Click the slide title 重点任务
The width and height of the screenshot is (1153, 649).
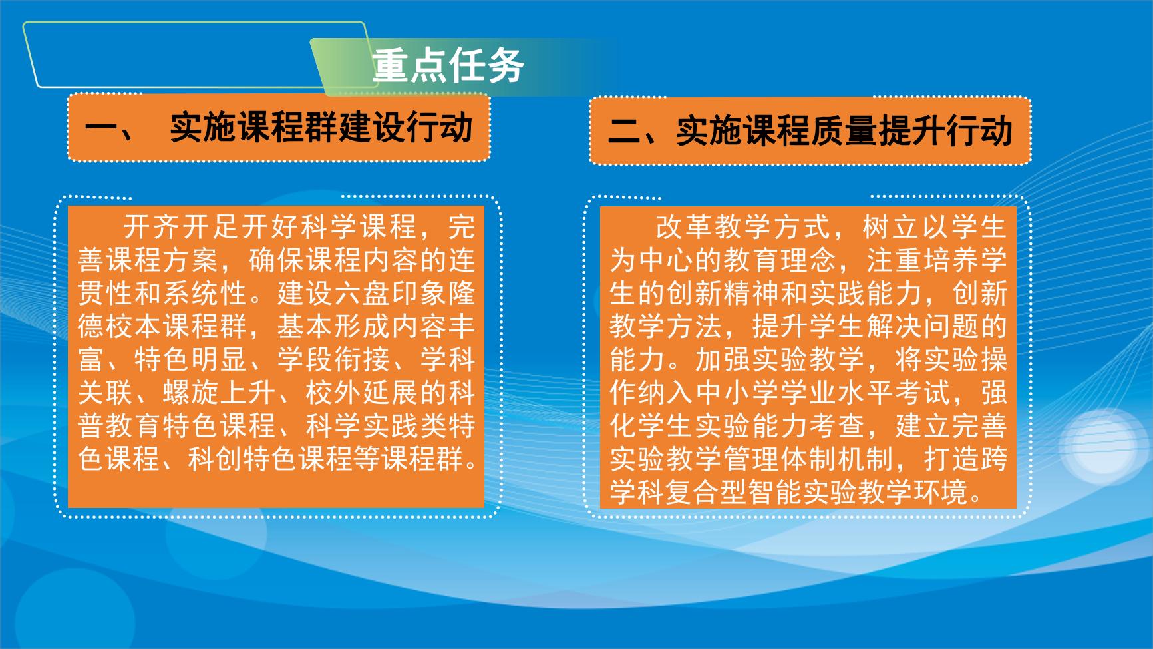point(448,65)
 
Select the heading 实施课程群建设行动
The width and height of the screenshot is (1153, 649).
point(321,127)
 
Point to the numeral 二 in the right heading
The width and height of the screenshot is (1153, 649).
point(624,131)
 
